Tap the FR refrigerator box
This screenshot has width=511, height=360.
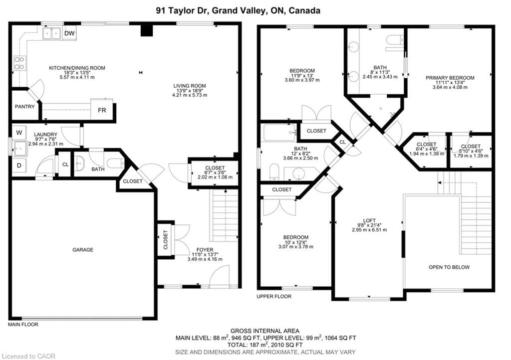click(x=101, y=110)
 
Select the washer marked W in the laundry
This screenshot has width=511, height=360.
click(x=19, y=133)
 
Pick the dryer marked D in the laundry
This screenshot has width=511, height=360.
click(x=19, y=165)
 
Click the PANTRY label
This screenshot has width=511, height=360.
click(x=24, y=107)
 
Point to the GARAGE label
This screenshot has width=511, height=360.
click(x=83, y=250)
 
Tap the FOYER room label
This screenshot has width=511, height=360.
click(x=205, y=250)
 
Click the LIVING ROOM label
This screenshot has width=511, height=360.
click(x=190, y=86)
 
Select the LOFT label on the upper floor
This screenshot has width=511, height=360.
click(x=369, y=220)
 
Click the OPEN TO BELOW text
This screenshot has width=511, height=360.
click(x=449, y=267)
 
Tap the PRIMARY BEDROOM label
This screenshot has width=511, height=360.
click(x=450, y=78)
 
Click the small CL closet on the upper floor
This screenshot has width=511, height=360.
click(x=343, y=142)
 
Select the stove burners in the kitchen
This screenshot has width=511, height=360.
click(x=19, y=63)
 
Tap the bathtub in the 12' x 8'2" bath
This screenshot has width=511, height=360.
click(x=279, y=133)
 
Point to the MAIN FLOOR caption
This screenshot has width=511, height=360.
click(x=23, y=325)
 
